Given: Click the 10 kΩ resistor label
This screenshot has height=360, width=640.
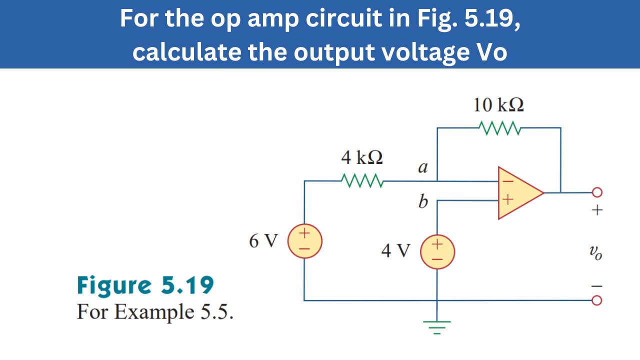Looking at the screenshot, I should coord(498,105).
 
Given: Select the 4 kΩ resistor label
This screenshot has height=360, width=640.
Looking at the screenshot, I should coord(362,158).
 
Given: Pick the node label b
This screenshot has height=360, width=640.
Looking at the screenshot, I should coord(423,201).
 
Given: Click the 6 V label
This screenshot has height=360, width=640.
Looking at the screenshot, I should coord(263,241).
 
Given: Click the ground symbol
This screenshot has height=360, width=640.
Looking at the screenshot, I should coord(437,326).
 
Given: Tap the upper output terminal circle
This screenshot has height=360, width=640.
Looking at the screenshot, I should coord(596,192).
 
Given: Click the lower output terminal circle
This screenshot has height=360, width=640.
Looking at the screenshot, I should coord(596,300).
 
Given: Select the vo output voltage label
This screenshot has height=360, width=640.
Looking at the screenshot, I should coord(595,253).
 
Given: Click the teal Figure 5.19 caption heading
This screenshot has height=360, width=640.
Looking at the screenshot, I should coord(145,285).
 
